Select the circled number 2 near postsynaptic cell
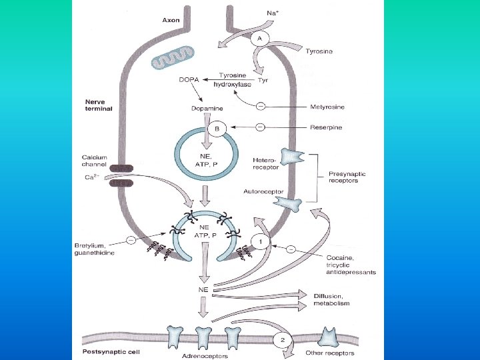pyautogui.click(x=283, y=340)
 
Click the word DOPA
pyautogui.click(x=189, y=81)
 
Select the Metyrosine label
pyautogui.click(x=328, y=107)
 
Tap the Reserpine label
pyautogui.click(x=327, y=127)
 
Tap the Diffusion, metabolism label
pyautogui.click(x=331, y=299)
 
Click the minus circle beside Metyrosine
pyautogui.click(x=260, y=107)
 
